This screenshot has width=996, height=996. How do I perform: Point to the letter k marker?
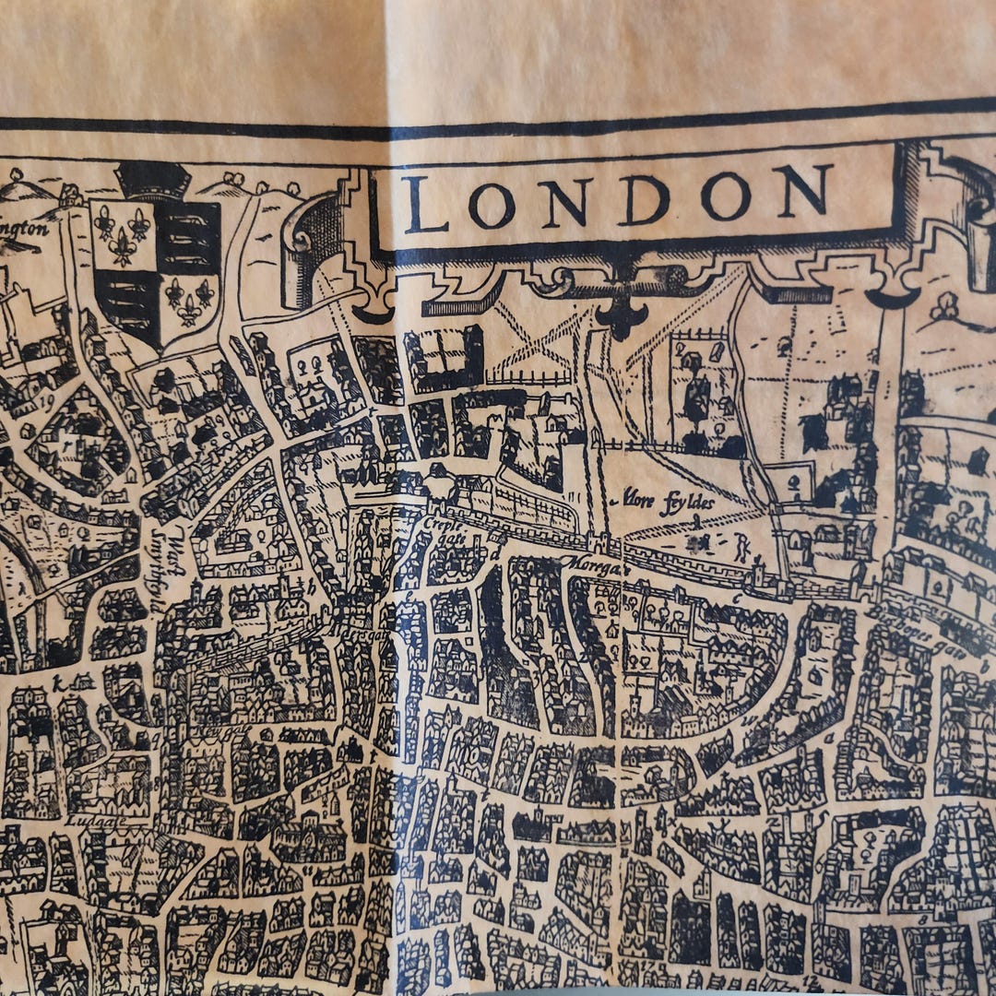(58, 683)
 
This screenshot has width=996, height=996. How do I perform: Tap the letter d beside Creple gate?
(496, 552)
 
